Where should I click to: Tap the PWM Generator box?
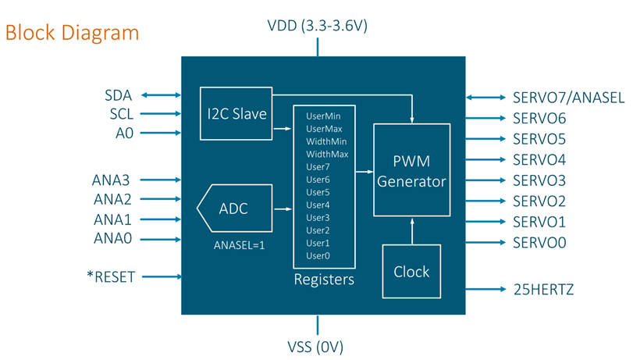[x=411, y=169]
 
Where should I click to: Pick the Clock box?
[x=411, y=271]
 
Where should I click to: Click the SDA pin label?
[x=119, y=95]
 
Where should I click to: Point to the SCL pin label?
[x=119, y=114]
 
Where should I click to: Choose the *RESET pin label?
[x=111, y=276]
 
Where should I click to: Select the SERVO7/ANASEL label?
[x=568, y=98]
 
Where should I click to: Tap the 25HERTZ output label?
[x=543, y=290]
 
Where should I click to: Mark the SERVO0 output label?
[x=539, y=243]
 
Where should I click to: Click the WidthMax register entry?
[x=327, y=154]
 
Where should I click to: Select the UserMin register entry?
[x=323, y=115]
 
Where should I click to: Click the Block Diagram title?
[x=72, y=33]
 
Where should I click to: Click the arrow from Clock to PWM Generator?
[x=411, y=230]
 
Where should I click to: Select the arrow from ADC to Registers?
[x=283, y=209]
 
